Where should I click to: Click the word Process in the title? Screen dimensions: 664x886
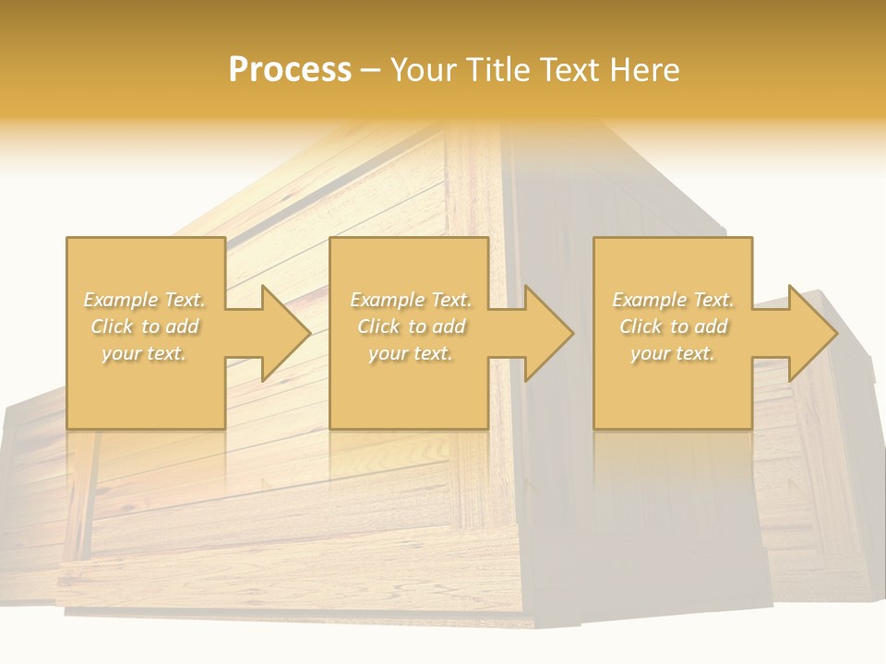pyautogui.click(x=290, y=70)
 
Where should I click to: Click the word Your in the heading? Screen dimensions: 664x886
pyautogui.click(x=422, y=70)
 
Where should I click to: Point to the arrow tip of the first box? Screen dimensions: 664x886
pyautogui.click(x=308, y=333)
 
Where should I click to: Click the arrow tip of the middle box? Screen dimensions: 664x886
pyautogui.click(x=572, y=333)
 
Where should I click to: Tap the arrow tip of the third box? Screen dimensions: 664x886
pyautogui.click(x=836, y=333)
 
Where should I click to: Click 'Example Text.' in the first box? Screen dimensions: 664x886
pyautogui.click(x=145, y=300)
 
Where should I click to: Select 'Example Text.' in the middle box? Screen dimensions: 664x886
pyautogui.click(x=411, y=300)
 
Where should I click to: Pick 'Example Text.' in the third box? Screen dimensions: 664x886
pyautogui.click(x=673, y=300)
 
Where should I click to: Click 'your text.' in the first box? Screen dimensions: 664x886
pyautogui.click(x=144, y=353)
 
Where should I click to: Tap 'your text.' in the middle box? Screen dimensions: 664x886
pyautogui.click(x=410, y=353)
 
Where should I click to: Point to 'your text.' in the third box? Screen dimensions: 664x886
pyautogui.click(x=672, y=353)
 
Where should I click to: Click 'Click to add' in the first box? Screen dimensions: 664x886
pyautogui.click(x=145, y=326)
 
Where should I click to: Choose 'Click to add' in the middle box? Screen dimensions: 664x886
pyautogui.click(x=411, y=326)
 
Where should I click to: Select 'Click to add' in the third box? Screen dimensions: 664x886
pyautogui.click(x=673, y=326)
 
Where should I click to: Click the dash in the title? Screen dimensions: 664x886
pyautogui.click(x=371, y=70)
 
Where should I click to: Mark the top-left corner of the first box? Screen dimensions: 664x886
pyautogui.click(x=67, y=238)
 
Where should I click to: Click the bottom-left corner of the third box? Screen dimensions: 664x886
pyautogui.click(x=594, y=428)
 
